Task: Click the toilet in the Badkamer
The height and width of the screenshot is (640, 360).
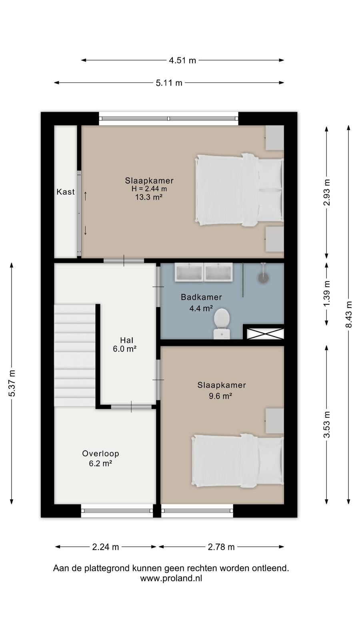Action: (222, 324)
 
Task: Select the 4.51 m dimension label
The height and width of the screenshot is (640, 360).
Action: (182, 60)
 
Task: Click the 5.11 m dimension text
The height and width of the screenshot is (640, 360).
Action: (169, 83)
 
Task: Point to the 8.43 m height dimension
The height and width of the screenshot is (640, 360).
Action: (348, 314)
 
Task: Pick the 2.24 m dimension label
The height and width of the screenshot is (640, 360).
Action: (106, 547)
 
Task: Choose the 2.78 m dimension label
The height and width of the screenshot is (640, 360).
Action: (221, 547)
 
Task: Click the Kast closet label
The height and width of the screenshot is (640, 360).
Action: (66, 192)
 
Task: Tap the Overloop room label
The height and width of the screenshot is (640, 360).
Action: (100, 454)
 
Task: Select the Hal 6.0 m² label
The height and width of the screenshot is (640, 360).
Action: (124, 344)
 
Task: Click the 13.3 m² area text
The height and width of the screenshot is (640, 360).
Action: (149, 197)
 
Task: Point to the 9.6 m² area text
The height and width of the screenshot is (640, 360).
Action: (220, 396)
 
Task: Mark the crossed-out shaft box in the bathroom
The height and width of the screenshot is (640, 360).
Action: (265, 334)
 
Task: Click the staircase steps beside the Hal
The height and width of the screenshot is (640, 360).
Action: (75, 355)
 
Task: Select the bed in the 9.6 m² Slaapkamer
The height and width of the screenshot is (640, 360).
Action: (238, 460)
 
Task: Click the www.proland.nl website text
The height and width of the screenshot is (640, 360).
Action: (171, 578)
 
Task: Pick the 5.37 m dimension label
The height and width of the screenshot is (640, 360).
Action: (12, 383)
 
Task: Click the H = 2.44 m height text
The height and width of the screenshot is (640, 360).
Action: (149, 188)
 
